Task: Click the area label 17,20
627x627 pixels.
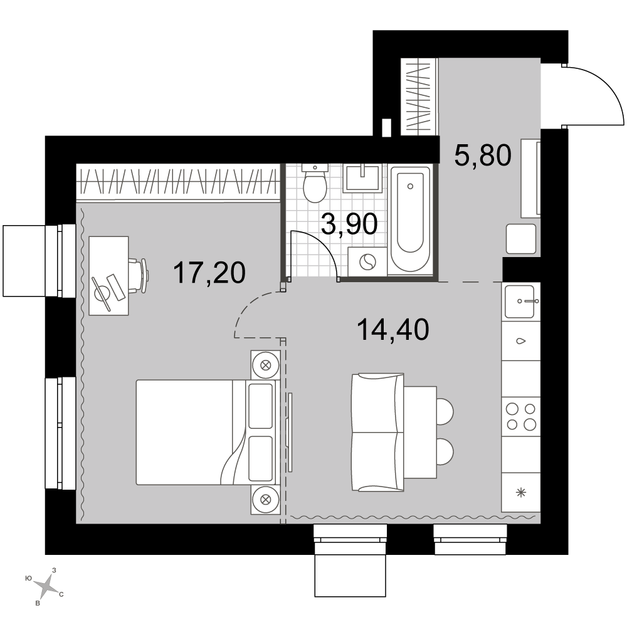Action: point(209,273)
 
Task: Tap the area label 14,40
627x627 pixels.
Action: point(393,330)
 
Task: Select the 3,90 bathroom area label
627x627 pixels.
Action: point(349,224)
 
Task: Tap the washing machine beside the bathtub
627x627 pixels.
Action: point(367,262)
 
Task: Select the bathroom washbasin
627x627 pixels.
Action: point(362,177)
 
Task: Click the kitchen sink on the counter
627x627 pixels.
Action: point(520,302)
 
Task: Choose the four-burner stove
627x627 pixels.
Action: point(521,416)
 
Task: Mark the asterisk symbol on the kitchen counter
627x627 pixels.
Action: point(521,493)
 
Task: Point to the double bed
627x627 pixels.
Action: point(206,432)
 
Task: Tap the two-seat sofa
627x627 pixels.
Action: point(377,432)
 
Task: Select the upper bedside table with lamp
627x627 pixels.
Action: point(265,365)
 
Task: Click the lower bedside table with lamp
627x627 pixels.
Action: point(265,500)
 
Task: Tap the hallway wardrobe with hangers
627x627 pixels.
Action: point(419,96)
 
